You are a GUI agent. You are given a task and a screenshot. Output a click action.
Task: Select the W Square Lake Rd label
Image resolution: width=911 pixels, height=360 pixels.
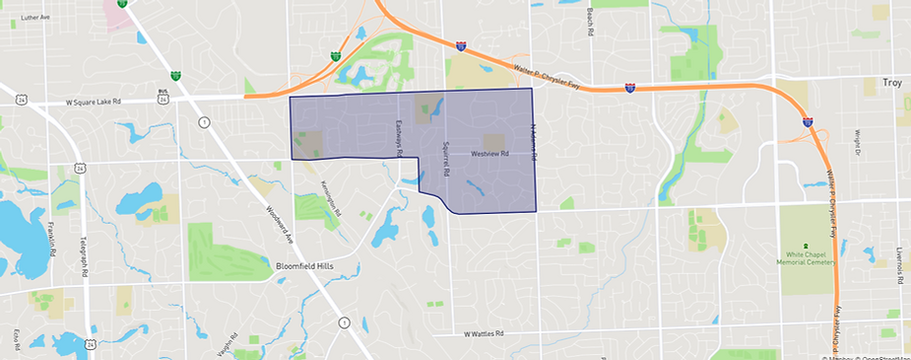tap(93, 101)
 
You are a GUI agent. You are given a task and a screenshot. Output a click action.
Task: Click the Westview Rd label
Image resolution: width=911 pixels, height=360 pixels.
tap(488, 154)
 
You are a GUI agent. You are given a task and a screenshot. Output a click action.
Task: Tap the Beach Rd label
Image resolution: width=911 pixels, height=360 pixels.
tap(589, 18)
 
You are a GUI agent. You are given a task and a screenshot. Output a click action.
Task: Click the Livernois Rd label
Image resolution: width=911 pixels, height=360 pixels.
tap(899, 266)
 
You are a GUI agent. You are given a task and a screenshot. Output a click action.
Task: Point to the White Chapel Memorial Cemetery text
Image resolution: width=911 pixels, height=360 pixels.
tap(806, 258)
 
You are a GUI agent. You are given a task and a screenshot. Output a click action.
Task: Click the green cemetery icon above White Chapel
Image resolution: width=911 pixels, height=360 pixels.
tap(806, 246)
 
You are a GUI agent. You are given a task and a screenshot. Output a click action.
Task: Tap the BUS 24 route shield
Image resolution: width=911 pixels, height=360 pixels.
tap(164, 97)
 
